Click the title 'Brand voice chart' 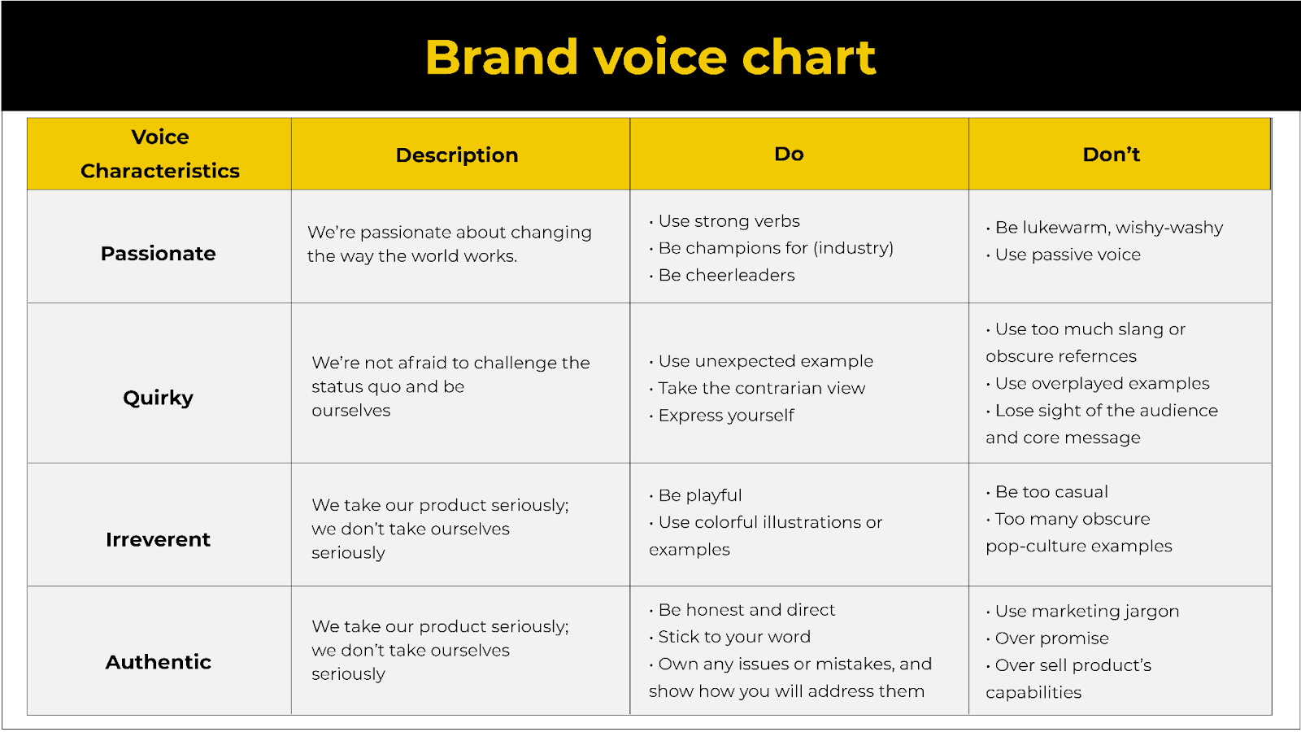coord(650,57)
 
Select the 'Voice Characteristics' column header coord(160,154)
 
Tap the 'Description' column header coord(457,155)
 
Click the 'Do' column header coord(789,154)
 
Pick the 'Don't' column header coord(1112,155)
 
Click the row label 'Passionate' coord(159,254)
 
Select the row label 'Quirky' coord(159,398)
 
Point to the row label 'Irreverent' coord(159,539)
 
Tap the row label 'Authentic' coord(159,662)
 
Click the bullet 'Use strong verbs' coord(729,221)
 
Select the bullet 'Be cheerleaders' coord(726,275)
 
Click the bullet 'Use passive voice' coord(1067,255)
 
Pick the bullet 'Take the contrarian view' coord(761,388)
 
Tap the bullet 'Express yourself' coord(725,416)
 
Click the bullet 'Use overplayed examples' coord(1102,383)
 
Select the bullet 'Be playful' coord(699,495)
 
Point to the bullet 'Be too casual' coord(1051,492)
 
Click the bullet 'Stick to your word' coord(733,637)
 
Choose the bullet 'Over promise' coord(1051,638)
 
